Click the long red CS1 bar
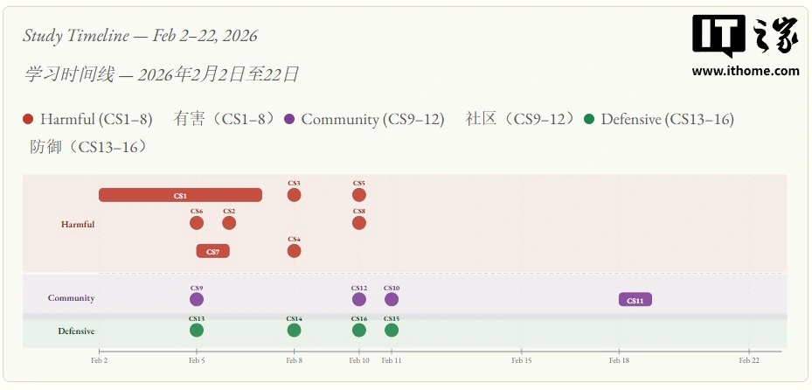pos(180,195)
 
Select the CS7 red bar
pos(212,251)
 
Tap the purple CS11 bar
pos(635,300)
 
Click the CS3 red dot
pos(294,195)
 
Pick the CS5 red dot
pos(359,195)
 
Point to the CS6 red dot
pos(197,223)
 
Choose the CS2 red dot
pos(229,223)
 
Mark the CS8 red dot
pos(359,223)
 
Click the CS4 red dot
pos(294,251)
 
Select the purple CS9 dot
pos(197,299)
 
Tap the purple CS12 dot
pos(359,299)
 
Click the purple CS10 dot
pos(392,299)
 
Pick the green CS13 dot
pos(197,330)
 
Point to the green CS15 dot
pos(392,330)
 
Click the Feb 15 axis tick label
pos(521,359)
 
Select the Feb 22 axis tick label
pos(748,359)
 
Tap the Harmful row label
pos(78,225)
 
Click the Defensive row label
pos(76,331)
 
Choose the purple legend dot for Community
pos(290,119)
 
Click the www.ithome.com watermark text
pos(746,72)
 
